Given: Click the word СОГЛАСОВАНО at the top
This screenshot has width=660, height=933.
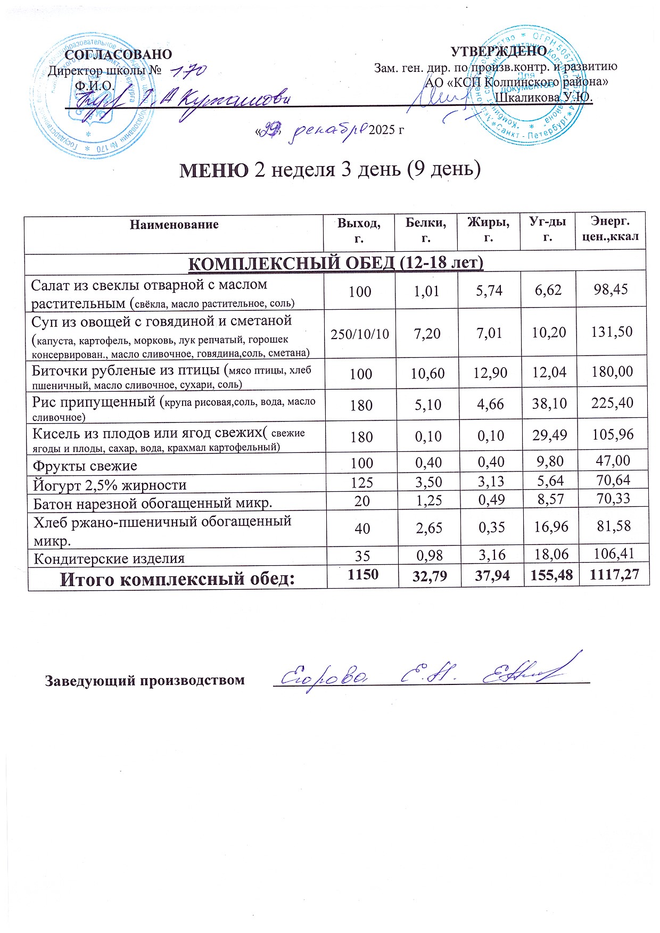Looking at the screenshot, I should pos(119,54).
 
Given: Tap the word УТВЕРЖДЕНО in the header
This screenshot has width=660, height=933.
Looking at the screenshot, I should pos(499,51).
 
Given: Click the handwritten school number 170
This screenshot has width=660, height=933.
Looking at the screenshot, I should pos(187,70).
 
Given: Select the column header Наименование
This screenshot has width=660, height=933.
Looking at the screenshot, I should pos(174,224).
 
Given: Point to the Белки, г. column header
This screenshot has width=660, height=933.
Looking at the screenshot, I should pos(425,230).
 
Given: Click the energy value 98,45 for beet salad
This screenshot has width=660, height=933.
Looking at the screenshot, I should pos(611,290).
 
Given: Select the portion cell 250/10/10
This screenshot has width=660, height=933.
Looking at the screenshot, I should pos(360,334).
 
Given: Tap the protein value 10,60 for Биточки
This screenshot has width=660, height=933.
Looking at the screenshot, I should pos(427,374).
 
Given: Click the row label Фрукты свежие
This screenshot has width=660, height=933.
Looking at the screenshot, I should pos(85,466).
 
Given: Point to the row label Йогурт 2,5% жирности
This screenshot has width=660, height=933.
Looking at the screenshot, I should pos(110,485).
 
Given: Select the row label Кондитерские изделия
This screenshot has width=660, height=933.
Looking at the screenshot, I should pos(109,559).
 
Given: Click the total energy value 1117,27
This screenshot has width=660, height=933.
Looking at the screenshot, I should pos(613,575).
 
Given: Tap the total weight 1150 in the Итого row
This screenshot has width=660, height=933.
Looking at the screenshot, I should pos(362,574).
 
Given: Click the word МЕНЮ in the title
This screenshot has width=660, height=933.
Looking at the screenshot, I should pos(213,170).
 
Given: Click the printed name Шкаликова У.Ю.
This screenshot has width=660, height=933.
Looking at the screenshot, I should pos(543,97).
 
